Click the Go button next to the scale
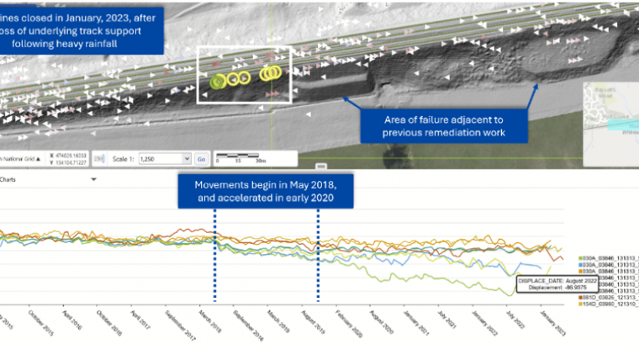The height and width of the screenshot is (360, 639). tap(201, 158)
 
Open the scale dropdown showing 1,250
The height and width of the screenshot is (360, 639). tap(163, 158)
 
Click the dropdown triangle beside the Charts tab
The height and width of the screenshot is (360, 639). tap(93, 179)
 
